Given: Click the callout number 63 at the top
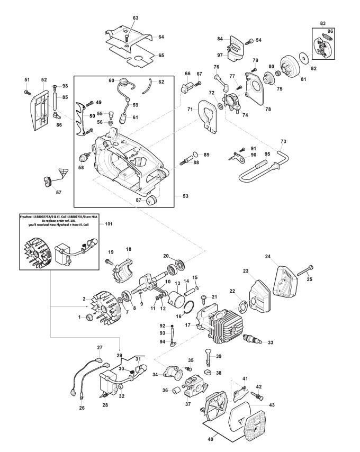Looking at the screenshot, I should tap(136, 18).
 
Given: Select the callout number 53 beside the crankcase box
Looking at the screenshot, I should tap(186, 196).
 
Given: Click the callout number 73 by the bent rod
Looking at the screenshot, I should tap(283, 141).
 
